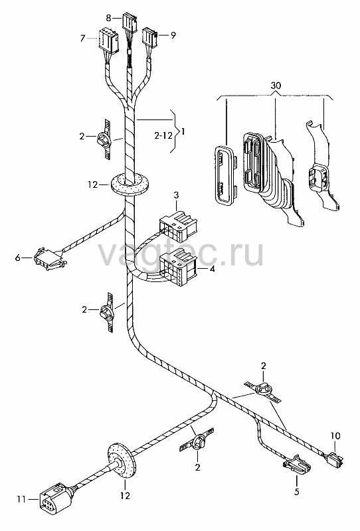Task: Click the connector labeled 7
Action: pos(108,40)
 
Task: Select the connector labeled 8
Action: pos(130,23)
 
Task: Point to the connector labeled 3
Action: pos(178,224)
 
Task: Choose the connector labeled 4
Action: pos(178,267)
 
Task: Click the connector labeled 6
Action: pos(49,258)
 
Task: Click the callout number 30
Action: pos(276,86)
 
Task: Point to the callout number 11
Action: pos(21,499)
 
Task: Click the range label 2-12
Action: pos(163,136)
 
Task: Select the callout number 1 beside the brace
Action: pos(183,131)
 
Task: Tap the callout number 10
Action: pos(335,435)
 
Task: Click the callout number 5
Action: pos(297,492)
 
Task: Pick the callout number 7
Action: pos(82,38)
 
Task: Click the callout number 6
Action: pos(18,258)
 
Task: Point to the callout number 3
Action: pos(176,195)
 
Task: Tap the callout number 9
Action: pos(173,35)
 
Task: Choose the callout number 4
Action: pos(212,269)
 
